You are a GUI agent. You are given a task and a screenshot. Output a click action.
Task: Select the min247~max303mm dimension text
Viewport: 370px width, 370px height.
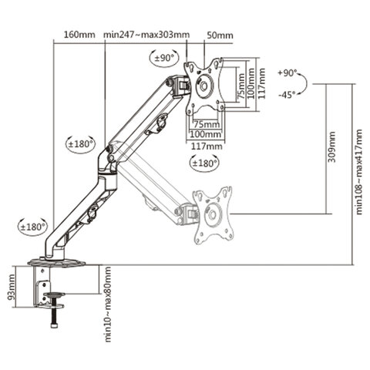click(x=146, y=35)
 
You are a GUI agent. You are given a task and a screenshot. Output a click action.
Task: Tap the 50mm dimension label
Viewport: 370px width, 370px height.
click(x=220, y=35)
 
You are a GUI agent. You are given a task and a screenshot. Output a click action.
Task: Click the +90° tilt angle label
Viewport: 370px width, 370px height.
click(x=288, y=73)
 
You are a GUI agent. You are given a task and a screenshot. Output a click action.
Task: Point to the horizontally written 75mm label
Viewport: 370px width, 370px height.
click(x=204, y=123)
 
